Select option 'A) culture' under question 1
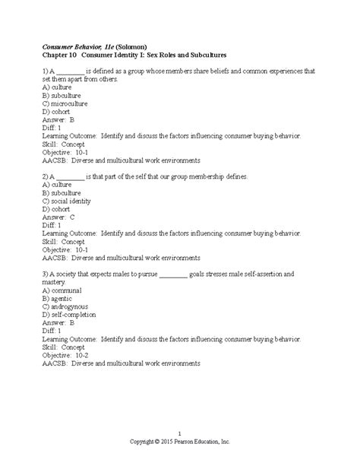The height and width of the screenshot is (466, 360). point(57,87)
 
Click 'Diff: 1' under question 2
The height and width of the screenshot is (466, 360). point(54,226)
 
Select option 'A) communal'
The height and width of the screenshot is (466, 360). point(62,290)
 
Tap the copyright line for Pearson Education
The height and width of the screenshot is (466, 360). point(179,442)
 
